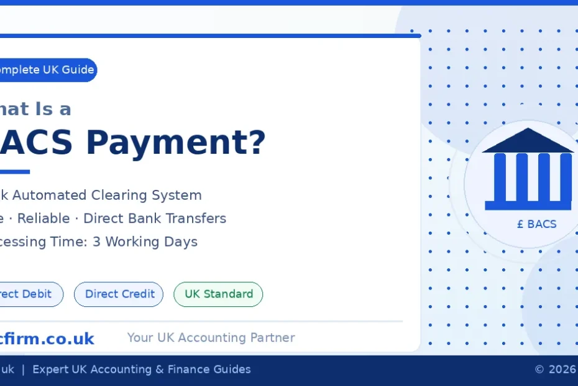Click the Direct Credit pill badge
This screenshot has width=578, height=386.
119,294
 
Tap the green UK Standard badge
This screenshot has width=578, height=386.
218,294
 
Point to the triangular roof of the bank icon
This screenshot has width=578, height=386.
528,141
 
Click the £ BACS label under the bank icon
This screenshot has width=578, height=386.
536,224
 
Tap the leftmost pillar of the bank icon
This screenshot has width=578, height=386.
500,177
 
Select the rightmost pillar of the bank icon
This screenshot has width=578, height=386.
566,177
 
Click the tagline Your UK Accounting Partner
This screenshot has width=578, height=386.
211,337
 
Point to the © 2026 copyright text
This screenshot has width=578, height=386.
555,369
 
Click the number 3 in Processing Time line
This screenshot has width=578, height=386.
96,242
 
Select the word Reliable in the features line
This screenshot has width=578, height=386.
43,219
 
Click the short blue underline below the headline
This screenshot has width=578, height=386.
14,172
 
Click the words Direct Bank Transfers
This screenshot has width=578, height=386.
155,219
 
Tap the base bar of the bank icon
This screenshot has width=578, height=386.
528,205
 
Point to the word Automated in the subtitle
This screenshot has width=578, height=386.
50,195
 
